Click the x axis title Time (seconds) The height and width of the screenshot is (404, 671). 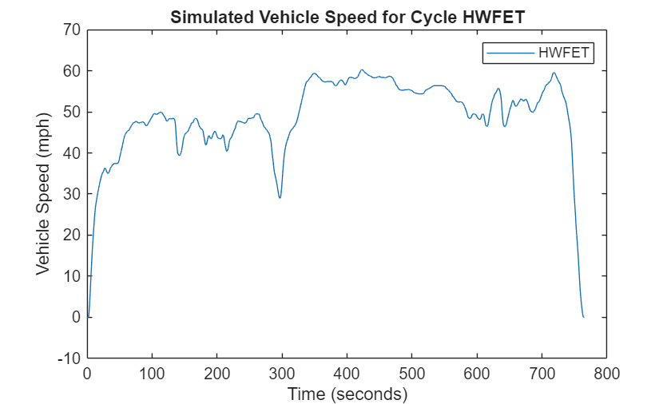pos(347,394)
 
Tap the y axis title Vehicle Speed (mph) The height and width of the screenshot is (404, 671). pos(43,194)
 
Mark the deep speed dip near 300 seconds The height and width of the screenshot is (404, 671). pos(280,197)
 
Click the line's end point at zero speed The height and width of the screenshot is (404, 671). pos(583,317)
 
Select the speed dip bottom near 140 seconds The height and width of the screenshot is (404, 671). pos(179,154)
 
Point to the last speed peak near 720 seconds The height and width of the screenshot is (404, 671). pos(554,73)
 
